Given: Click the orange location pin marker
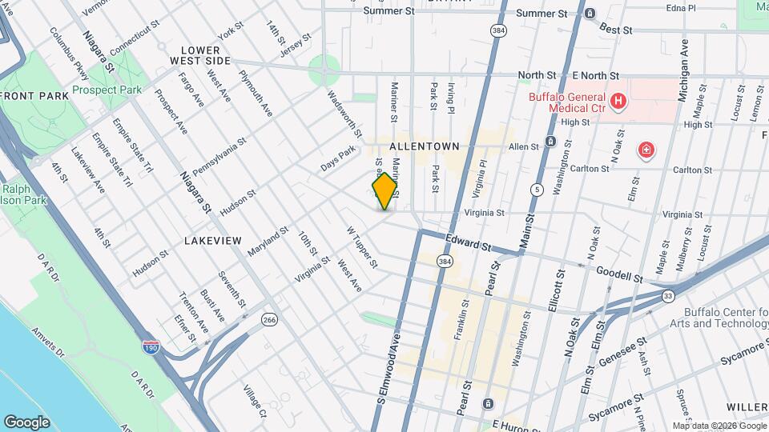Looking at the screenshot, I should pyautogui.click(x=384, y=190).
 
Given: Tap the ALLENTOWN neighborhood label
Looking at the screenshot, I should pyautogui.click(x=424, y=146).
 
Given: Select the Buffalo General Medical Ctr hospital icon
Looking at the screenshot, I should pyautogui.click(x=618, y=101).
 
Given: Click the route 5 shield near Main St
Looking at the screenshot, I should pyautogui.click(x=537, y=190).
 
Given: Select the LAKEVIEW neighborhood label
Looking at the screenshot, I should pyautogui.click(x=212, y=239).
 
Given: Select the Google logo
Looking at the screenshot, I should pyautogui.click(x=26, y=422).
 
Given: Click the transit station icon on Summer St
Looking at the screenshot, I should pyautogui.click(x=590, y=14).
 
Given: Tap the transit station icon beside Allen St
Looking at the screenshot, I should pyautogui.click(x=551, y=142).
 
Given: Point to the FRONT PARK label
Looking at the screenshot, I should pyautogui.click(x=34, y=96).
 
